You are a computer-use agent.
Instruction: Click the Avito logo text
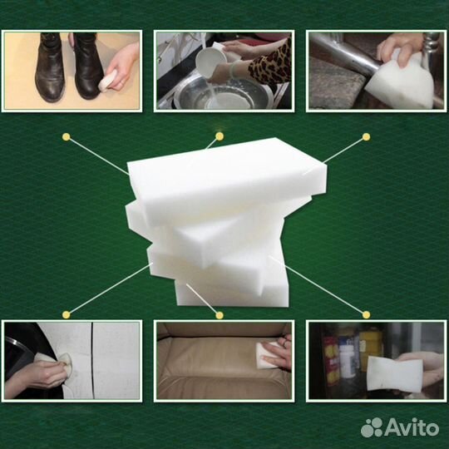pos(412,428)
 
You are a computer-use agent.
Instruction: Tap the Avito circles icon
pos(372,427)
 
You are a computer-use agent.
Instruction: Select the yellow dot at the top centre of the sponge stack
pos(220,136)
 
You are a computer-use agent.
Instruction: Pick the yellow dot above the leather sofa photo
pos(220,315)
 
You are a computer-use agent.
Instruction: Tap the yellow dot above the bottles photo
pos(366,314)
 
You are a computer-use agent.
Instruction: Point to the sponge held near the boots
pos(107,81)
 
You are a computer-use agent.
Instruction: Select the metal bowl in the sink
pos(224,94)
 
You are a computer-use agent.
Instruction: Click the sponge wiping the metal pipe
pos(399,81)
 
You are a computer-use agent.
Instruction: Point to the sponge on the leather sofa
pos(267,355)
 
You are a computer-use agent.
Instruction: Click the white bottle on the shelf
pos(347,357)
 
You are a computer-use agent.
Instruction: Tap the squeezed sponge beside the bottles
pos(395,373)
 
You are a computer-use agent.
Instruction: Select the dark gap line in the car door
pos(93,360)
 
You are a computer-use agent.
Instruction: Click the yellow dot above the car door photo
pos(67,315)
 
